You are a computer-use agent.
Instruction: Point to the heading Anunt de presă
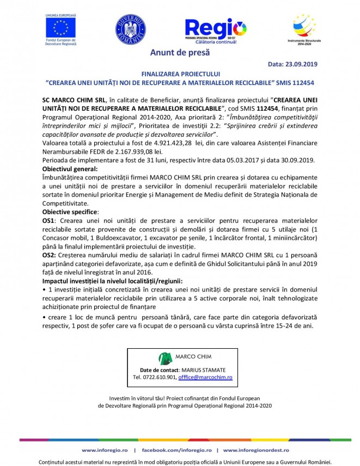click(x=180, y=53)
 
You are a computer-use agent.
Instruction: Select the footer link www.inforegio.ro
click(x=105, y=451)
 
